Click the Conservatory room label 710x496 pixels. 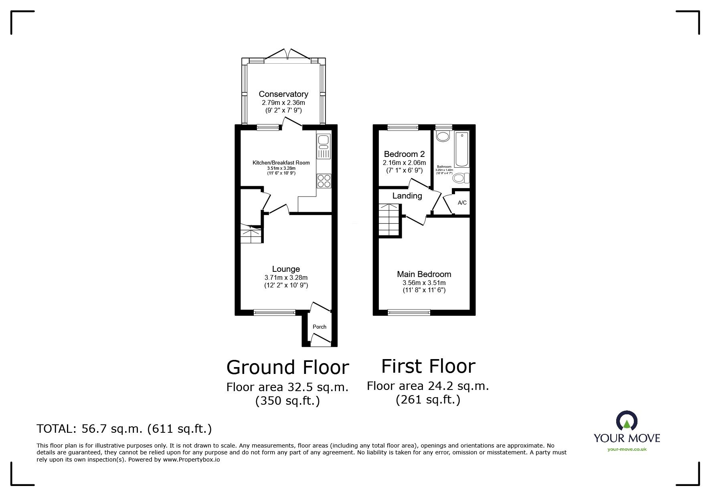click(283, 94)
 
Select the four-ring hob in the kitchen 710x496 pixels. click(324, 181)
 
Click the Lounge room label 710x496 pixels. click(286, 269)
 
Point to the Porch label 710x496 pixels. click(320, 327)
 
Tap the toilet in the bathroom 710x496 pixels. click(460, 178)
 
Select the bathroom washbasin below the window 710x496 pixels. click(443, 137)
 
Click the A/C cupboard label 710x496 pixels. click(462, 203)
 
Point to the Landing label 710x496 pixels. click(407, 196)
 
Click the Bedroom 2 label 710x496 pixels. click(404, 154)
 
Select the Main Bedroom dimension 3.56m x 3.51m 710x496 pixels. click(424, 283)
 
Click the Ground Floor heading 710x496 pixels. click(287, 367)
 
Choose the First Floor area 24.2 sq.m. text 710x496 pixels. click(428, 386)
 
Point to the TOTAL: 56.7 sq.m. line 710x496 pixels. click(124, 429)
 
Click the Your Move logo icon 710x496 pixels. click(627, 422)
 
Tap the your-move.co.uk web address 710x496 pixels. click(627, 449)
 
